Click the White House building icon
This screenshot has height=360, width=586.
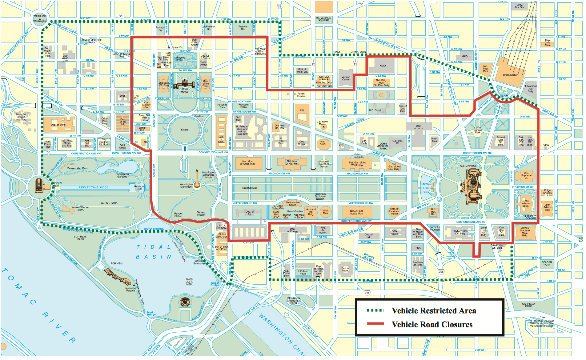point(184,84)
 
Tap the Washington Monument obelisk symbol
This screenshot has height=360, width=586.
point(197,180)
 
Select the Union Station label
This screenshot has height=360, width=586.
point(510,75)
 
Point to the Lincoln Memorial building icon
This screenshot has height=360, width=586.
point(39,186)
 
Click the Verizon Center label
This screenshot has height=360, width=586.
point(346,78)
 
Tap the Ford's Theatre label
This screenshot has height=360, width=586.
point(301,95)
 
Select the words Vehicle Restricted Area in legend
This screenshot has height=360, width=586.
point(434,311)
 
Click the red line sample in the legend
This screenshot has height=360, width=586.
point(375,324)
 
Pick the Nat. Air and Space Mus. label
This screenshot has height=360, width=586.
point(356,212)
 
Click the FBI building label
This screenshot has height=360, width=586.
point(302,110)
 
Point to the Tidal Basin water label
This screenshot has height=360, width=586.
point(154,252)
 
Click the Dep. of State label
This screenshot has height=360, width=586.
point(58,125)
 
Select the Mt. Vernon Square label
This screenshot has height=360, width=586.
point(323,19)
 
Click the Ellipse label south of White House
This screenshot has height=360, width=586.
point(185,130)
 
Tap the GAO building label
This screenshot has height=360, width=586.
point(383,66)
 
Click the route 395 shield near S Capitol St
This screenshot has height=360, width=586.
point(441,272)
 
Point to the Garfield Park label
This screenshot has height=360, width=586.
point(528,305)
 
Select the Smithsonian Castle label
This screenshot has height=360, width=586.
point(292,204)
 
